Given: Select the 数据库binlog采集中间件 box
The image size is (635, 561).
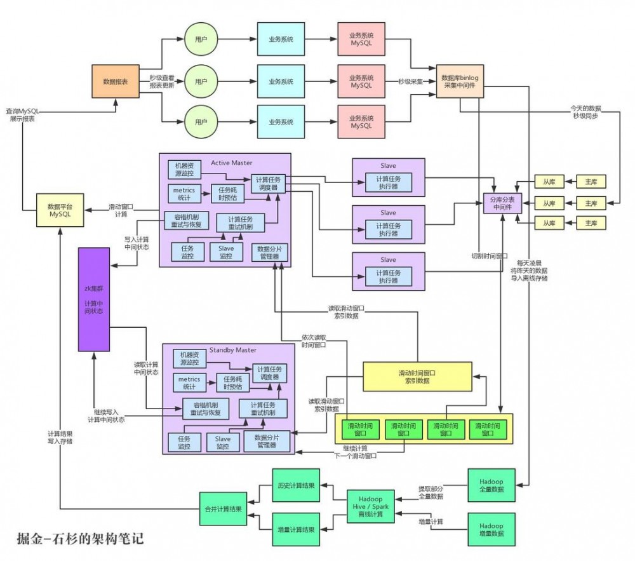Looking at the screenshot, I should point(460,81).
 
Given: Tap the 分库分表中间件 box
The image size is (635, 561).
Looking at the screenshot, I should point(502,203).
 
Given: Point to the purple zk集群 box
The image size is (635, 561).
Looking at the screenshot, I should point(94,299).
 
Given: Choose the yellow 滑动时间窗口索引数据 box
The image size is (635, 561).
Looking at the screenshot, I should point(417,376).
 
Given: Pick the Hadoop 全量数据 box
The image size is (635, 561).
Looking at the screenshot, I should point(490,485).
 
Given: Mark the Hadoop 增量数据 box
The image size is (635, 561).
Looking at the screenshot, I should point(490,530).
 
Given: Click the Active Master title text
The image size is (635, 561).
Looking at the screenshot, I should point(231,163).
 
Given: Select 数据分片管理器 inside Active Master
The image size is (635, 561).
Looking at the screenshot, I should point(269,253).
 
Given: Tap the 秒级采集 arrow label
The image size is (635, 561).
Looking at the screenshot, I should point(410,81).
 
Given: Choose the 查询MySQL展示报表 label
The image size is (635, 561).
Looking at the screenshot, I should point(22,114).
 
